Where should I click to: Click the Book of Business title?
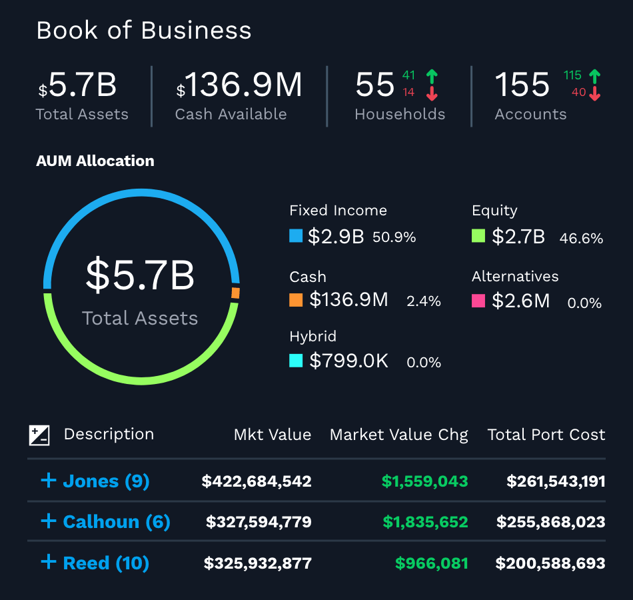click(144, 31)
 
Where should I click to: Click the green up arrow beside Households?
click(432, 76)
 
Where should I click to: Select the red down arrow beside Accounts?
click(595, 93)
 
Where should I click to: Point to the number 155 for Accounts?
click(522, 85)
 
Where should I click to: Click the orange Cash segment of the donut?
click(235, 293)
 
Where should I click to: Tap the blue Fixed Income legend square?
click(296, 236)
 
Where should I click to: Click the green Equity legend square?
click(478, 236)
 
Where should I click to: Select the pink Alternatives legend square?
click(478, 301)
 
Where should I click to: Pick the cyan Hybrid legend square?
click(296, 361)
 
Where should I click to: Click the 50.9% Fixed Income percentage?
click(394, 237)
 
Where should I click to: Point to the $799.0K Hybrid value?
click(348, 361)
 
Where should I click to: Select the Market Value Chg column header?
click(398, 435)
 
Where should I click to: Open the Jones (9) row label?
click(106, 481)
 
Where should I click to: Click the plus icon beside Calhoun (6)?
click(48, 521)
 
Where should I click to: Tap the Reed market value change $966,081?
click(431, 563)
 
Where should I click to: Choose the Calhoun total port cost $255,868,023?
click(550, 522)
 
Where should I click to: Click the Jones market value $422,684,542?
click(257, 481)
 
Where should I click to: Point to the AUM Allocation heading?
click(95, 161)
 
